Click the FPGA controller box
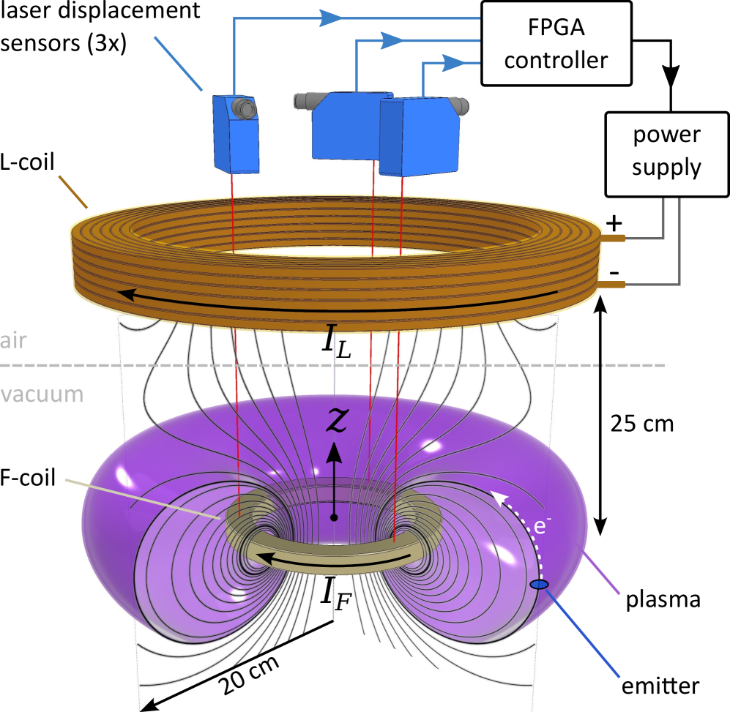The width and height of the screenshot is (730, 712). (556, 43)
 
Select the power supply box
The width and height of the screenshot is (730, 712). (666, 152)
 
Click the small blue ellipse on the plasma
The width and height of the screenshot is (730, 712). (539, 584)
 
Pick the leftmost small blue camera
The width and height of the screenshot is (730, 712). (235, 134)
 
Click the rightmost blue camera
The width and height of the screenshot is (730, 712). (419, 137)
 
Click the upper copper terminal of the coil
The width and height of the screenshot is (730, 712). (614, 238)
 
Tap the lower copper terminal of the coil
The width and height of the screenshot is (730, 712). (614, 284)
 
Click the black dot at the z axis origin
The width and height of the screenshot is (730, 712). (334, 517)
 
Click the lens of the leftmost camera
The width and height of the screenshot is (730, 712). (246, 108)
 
